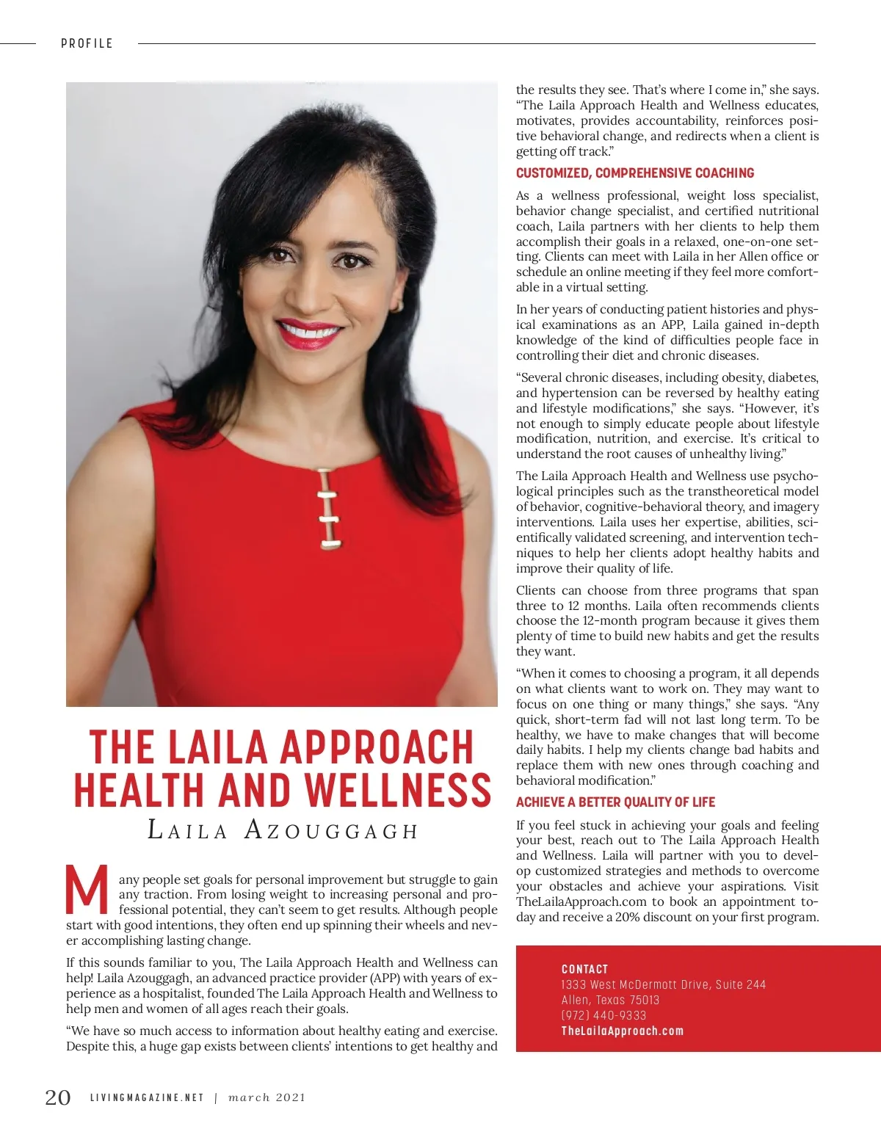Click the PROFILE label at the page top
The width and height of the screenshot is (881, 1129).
pyautogui.click(x=87, y=43)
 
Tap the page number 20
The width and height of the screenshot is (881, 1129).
pyautogui.click(x=58, y=1097)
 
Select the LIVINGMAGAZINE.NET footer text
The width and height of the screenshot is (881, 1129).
pyautogui.click(x=147, y=1097)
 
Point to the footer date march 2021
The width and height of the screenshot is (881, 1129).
pyautogui.click(x=267, y=1097)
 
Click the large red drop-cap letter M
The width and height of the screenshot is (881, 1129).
pyautogui.click(x=87, y=890)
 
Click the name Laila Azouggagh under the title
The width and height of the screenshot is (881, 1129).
pyautogui.click(x=283, y=830)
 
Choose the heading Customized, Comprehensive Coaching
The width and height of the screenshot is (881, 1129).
pyautogui.click(x=635, y=173)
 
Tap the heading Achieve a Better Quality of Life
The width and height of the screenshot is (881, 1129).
pyautogui.click(x=615, y=802)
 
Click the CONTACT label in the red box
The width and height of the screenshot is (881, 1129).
pyautogui.click(x=584, y=969)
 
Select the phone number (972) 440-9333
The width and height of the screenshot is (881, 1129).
pyautogui.click(x=603, y=1015)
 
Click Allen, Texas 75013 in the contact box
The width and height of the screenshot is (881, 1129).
pyautogui.click(x=610, y=1000)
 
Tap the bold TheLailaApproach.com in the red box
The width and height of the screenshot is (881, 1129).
pyautogui.click(x=622, y=1031)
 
